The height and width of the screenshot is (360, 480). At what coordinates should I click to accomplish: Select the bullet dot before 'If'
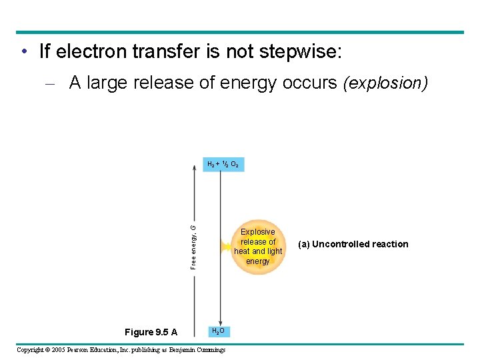[x=23, y=51]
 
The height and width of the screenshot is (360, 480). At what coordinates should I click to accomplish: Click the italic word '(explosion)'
[x=385, y=83]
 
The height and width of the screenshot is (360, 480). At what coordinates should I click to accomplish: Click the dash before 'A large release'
[x=57, y=83]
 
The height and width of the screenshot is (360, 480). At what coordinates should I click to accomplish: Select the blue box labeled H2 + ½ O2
[x=223, y=164]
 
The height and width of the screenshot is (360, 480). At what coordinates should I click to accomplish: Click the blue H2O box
[x=218, y=331]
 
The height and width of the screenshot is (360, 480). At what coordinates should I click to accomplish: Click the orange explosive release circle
[x=258, y=247]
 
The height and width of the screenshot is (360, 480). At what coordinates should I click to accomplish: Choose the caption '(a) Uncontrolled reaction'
[x=353, y=244]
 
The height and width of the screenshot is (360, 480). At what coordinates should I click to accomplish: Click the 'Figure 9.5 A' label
[x=151, y=332]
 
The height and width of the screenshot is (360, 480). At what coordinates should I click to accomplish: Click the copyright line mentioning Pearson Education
[x=121, y=350]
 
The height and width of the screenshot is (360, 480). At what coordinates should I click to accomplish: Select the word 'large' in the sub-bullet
[x=107, y=83]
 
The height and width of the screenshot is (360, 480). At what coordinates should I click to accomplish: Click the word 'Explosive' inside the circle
[x=258, y=232]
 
